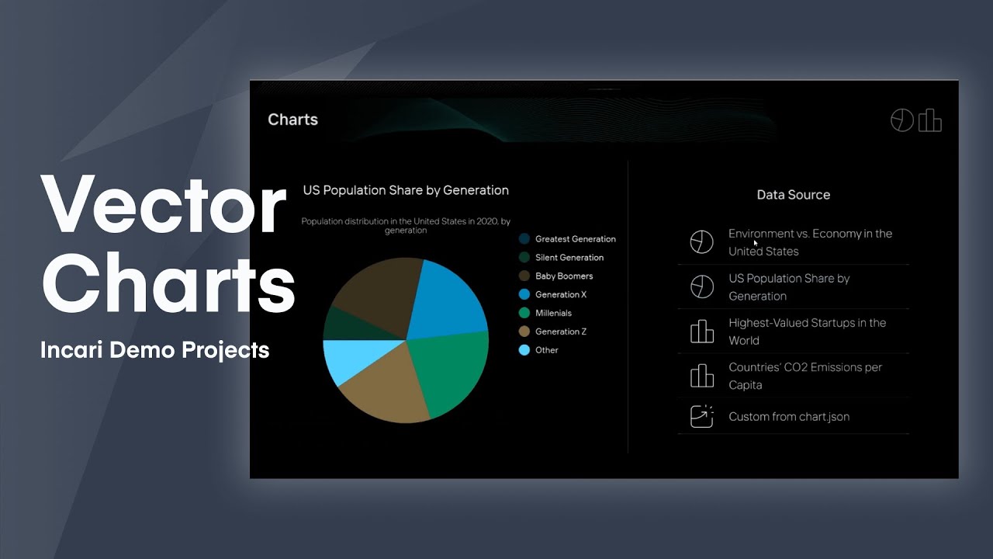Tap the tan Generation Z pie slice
click(380, 392)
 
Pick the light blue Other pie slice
click(340, 360)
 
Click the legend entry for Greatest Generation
click(575, 239)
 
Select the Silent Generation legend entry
click(569, 258)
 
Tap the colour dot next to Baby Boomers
click(524, 276)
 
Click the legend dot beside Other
click(524, 350)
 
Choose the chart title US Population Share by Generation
click(406, 190)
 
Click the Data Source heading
click(793, 195)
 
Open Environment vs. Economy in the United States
click(809, 242)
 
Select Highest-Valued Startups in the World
click(806, 332)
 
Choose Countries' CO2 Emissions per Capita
click(804, 376)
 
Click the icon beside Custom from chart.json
click(701, 417)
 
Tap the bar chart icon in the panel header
click(929, 120)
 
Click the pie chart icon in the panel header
click(901, 120)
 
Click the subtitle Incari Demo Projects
click(154, 350)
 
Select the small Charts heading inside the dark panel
click(292, 120)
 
